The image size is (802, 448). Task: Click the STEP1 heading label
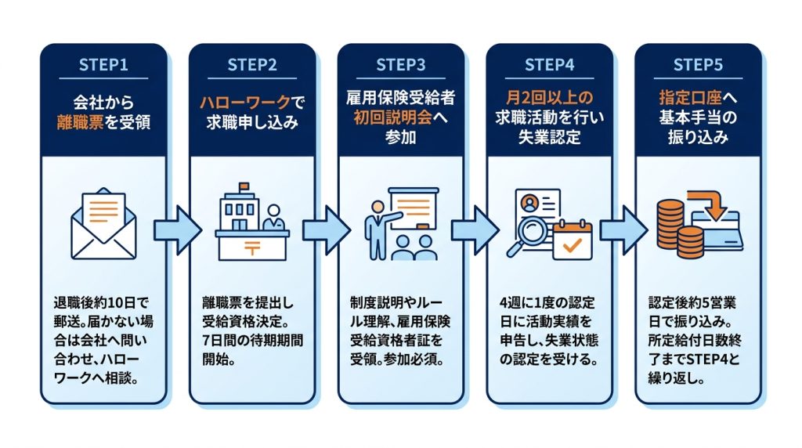pyautogui.click(x=103, y=65)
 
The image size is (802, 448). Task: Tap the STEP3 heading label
pyautogui.click(x=400, y=65)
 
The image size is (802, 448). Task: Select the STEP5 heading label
pyautogui.click(x=698, y=65)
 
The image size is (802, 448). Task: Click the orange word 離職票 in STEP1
pyautogui.click(x=81, y=122)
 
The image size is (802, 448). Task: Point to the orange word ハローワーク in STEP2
pyautogui.click(x=245, y=103)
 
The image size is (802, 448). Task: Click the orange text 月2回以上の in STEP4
pyautogui.click(x=549, y=98)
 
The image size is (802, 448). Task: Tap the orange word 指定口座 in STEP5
pyautogui.click(x=690, y=98)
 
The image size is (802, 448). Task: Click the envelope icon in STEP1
pyautogui.click(x=103, y=223)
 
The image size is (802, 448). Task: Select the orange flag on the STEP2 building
pyautogui.click(x=244, y=186)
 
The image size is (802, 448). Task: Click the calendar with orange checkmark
pyautogui.click(x=573, y=240)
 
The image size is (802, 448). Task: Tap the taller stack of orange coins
pyautogui.click(x=670, y=226)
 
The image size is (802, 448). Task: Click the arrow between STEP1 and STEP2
pyautogui.click(x=177, y=230)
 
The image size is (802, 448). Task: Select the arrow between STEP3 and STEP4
pyautogui.click(x=474, y=230)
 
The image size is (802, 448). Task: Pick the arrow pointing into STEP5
pyautogui.click(x=623, y=230)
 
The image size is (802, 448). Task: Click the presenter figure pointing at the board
pyautogui.click(x=378, y=230)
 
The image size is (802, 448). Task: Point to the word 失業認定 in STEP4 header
pyautogui.click(x=549, y=137)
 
